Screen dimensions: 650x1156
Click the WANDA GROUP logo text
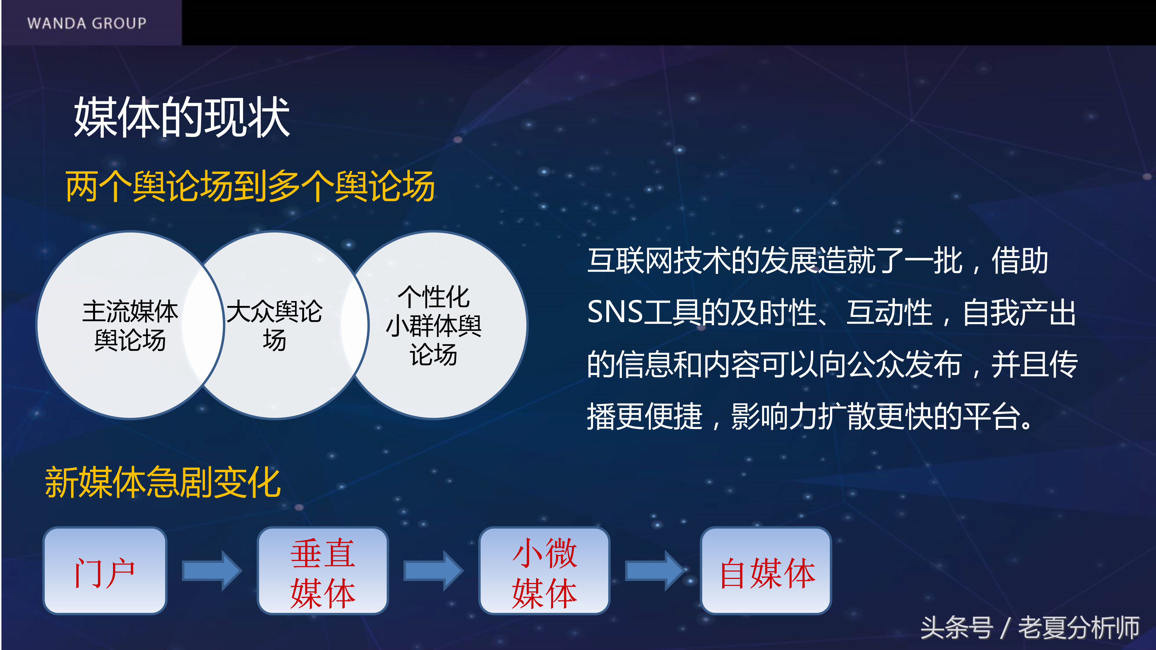pyautogui.click(x=87, y=23)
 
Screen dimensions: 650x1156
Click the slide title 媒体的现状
pyautogui.click(x=182, y=118)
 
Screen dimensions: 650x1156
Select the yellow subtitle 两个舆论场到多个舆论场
pyautogui.click(x=250, y=186)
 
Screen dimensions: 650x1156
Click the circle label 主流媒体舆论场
pyautogui.click(x=130, y=326)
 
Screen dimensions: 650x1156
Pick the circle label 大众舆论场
pyautogui.click(x=274, y=326)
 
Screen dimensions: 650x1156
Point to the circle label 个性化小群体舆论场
pyautogui.click(x=433, y=326)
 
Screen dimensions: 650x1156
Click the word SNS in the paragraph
pyautogui.click(x=615, y=312)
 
